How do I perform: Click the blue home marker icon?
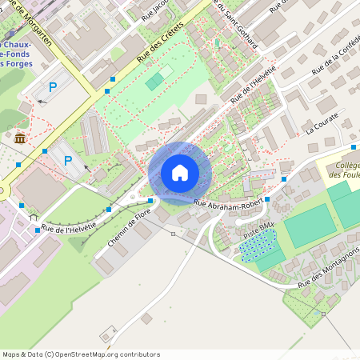[x=180, y=172]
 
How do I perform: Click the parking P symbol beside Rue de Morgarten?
[x=54, y=86]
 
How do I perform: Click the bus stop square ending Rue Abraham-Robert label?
[x=267, y=199]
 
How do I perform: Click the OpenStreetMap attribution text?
[x=81, y=354]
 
